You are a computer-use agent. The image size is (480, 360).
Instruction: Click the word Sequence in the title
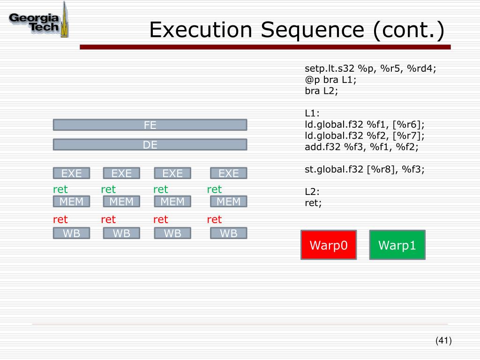(312, 30)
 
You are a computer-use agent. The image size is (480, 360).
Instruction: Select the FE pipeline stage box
(150, 125)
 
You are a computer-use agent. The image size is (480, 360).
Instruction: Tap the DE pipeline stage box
(150, 145)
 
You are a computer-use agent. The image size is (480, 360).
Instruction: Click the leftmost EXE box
(71, 173)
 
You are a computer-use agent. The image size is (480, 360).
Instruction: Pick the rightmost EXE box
(228, 173)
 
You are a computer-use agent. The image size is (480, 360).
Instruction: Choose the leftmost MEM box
(71, 202)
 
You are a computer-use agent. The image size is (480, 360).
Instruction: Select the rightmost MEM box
(228, 202)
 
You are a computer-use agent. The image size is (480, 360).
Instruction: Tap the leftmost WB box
(71, 233)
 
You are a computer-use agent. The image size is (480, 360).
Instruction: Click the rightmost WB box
(228, 233)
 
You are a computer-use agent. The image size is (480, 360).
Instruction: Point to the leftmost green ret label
(60, 189)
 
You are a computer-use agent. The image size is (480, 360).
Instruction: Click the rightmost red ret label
(214, 219)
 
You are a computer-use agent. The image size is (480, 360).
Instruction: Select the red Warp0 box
(328, 245)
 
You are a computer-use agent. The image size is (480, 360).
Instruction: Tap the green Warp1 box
(397, 245)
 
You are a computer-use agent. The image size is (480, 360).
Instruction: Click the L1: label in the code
(312, 113)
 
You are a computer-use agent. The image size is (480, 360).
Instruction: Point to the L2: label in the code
(312, 192)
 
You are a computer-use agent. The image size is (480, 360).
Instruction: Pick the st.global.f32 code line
(365, 169)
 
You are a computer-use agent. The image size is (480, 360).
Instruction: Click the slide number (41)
(443, 341)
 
